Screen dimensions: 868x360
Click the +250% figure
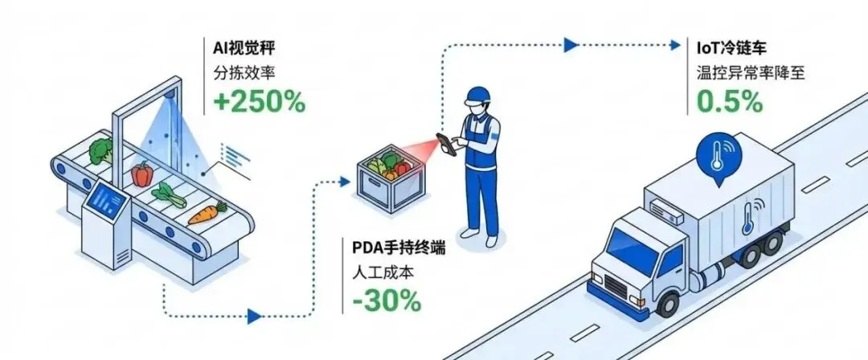(x=259, y=102)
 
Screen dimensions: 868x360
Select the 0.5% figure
(x=730, y=101)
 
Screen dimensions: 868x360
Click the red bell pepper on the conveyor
(x=142, y=173)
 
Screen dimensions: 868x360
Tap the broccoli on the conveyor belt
(x=100, y=150)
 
